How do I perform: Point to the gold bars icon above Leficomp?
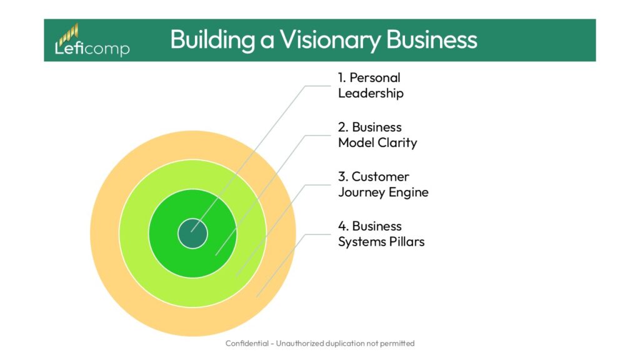[x=69, y=32]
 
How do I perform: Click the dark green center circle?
[x=192, y=233]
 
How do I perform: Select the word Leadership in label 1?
[x=371, y=94]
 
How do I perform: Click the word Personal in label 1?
[x=375, y=78]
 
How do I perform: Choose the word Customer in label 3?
[x=380, y=177]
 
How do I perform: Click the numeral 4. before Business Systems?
[x=343, y=226]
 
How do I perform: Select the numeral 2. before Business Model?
[x=343, y=127]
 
